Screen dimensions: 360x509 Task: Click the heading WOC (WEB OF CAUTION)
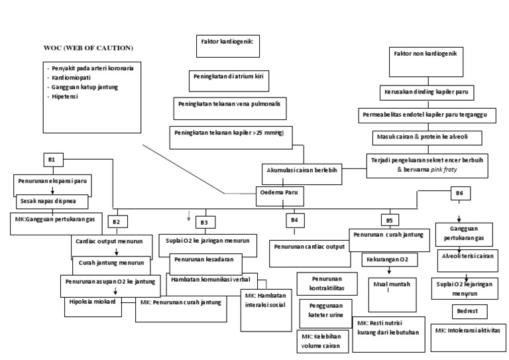point(87,48)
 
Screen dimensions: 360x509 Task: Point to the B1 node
point(52,160)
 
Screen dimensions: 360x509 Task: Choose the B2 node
point(116,220)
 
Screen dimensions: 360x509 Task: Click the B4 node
point(294,219)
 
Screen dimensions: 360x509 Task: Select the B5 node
point(388,219)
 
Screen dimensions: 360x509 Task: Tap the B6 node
point(459,193)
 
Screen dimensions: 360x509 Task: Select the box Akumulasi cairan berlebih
point(302,170)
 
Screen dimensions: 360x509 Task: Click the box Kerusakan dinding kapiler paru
point(427,91)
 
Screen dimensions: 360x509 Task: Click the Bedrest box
point(468,310)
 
